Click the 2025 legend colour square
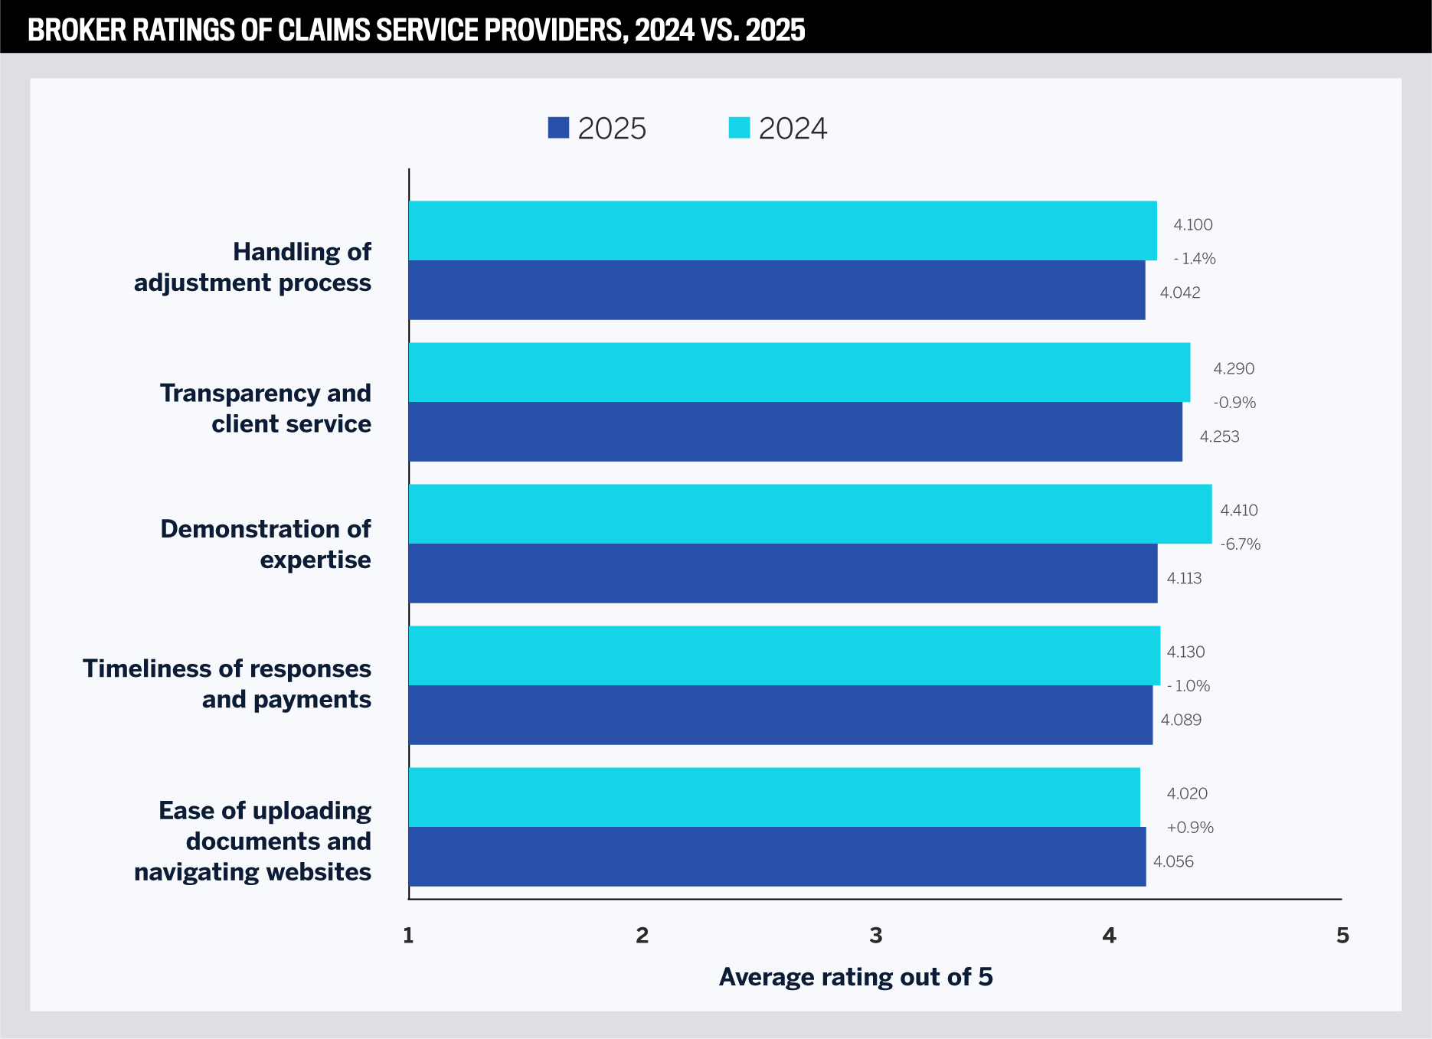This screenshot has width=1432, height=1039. tap(558, 128)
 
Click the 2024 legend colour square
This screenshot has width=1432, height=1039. tap(739, 128)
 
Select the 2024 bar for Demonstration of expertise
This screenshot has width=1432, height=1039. tap(809, 514)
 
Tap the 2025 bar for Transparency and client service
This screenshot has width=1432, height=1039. tap(795, 432)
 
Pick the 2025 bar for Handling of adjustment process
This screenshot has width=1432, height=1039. tap(776, 290)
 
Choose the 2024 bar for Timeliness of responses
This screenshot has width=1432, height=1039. tap(784, 655)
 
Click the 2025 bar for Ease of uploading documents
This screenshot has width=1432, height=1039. tap(776, 857)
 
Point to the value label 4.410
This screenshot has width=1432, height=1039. tap(1238, 511)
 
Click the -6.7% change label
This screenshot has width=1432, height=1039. tap(1240, 544)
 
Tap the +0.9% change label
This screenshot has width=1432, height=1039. tap(1189, 828)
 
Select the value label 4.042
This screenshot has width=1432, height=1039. tap(1179, 293)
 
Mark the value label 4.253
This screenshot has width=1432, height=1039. tap(1219, 437)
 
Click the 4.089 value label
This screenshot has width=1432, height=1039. tap(1181, 720)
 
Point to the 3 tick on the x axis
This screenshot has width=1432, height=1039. tap(875, 936)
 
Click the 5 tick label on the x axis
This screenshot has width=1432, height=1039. tap(1342, 936)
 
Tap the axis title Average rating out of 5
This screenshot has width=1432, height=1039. tap(855, 977)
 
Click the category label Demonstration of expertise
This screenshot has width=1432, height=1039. tap(265, 544)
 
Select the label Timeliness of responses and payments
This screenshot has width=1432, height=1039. tap(227, 684)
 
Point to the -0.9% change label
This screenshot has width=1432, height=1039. tap(1234, 403)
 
